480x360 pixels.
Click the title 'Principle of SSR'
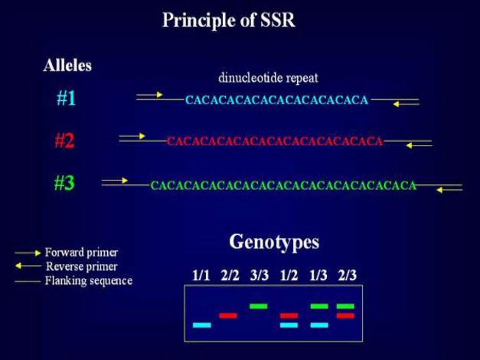click(x=229, y=20)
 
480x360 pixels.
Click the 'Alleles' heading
click(x=67, y=66)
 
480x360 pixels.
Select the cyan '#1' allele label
click(x=66, y=99)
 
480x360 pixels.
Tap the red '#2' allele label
click(x=64, y=141)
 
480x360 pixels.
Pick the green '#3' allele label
click(x=64, y=183)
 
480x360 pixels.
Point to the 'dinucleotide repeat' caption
click(x=268, y=77)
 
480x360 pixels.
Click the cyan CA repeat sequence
click(x=277, y=100)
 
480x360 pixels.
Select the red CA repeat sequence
click(x=275, y=141)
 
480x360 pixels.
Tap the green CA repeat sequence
click(x=283, y=186)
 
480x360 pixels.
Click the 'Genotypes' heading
click(x=274, y=242)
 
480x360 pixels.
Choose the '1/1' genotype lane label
click(x=202, y=276)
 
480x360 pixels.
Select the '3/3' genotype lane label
click(x=259, y=276)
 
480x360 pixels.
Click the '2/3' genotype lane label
click(x=347, y=276)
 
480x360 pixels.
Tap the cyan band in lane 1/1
click(x=202, y=325)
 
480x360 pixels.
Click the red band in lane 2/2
click(x=228, y=315)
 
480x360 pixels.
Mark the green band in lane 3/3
click(x=258, y=306)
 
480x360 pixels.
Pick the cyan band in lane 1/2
click(x=289, y=325)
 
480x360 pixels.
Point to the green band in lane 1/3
click(x=319, y=306)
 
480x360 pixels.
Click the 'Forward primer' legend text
click(x=82, y=252)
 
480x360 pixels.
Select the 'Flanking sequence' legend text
click(x=89, y=281)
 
